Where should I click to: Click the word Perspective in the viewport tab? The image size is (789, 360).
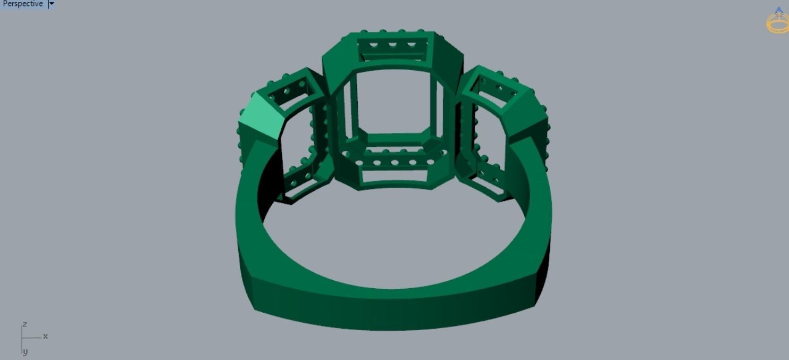coord(22,4)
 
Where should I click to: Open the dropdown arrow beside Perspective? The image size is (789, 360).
coord(52,4)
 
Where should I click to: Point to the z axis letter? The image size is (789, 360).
coord(24,324)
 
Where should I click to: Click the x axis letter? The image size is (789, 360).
coord(46,336)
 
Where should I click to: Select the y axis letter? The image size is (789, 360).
coord(25,351)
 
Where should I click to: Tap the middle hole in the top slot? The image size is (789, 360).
coord(393,45)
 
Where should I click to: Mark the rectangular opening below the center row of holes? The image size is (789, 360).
coord(394,175)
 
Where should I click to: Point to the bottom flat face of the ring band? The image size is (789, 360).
coord(393,308)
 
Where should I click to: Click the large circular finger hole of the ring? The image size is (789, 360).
coord(393,239)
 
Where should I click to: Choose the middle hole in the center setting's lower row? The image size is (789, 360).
coord(394,162)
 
